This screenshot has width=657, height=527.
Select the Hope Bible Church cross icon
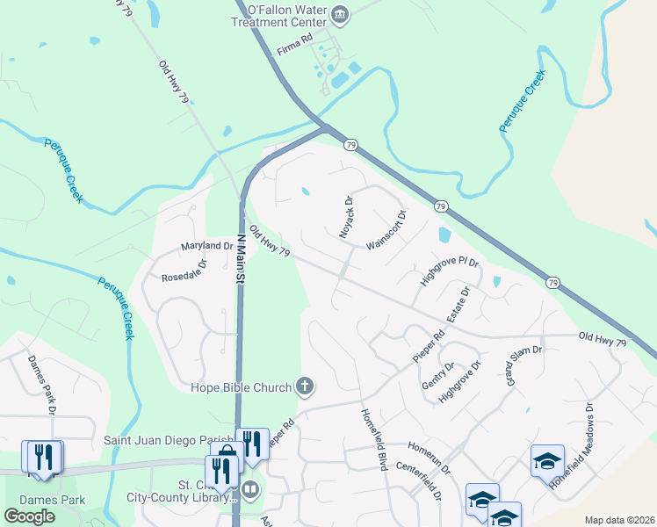click(304, 386)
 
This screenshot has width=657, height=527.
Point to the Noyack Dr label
click(347, 219)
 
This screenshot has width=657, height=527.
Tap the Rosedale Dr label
click(184, 271)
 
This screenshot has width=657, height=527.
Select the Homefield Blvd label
click(372, 439)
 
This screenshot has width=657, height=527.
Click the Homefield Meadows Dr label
click(571, 445)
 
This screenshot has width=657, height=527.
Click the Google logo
click(29, 516)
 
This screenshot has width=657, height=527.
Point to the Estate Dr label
click(457, 303)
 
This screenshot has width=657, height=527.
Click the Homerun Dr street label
click(426, 457)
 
